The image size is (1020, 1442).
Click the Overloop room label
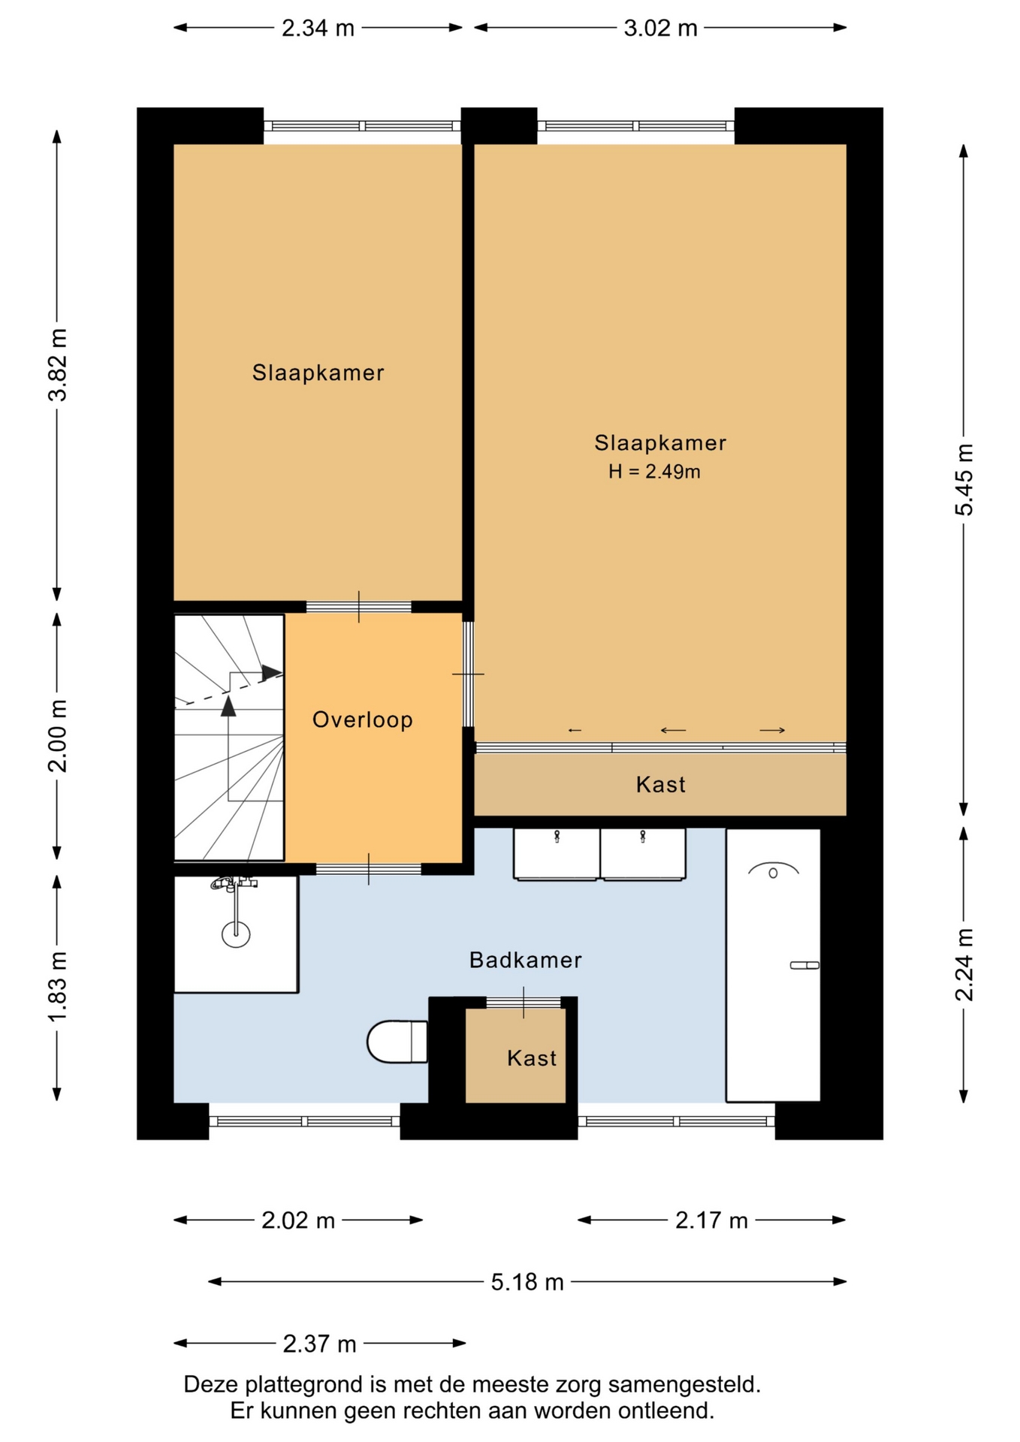click(x=363, y=719)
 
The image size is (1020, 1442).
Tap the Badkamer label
click(x=526, y=960)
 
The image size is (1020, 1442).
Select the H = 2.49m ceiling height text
click(x=654, y=472)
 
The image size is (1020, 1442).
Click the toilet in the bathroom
click(x=397, y=1042)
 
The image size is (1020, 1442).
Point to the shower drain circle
click(x=236, y=934)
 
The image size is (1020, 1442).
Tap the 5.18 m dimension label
click(x=527, y=1282)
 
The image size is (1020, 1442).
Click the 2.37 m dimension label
click(x=319, y=1344)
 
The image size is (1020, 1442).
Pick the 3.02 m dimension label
click(x=660, y=29)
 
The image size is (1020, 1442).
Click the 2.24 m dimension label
click(x=964, y=965)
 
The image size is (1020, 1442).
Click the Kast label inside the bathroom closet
click(x=532, y=1058)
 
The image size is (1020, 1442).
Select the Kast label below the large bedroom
click(x=661, y=785)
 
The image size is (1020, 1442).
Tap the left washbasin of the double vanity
click(x=557, y=853)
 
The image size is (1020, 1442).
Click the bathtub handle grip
click(x=804, y=965)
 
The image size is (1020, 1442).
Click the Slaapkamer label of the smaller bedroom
click(x=318, y=373)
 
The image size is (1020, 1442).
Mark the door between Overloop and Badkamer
click(x=368, y=870)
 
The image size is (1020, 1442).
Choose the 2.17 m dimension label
click(x=711, y=1220)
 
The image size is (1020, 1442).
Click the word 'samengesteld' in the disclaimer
click(x=684, y=1384)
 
